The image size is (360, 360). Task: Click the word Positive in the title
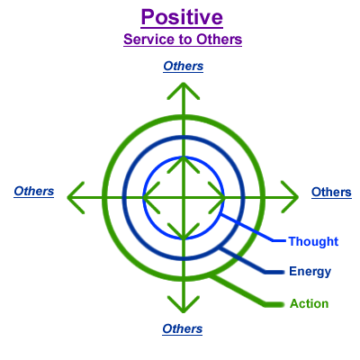click(x=182, y=17)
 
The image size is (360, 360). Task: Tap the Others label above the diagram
click(x=184, y=66)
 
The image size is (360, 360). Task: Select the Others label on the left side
click(x=34, y=191)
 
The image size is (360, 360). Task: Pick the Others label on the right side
click(x=331, y=192)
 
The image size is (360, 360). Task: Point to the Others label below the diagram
click(x=183, y=328)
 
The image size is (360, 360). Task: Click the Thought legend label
click(x=313, y=241)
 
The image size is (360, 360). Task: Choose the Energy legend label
click(x=310, y=272)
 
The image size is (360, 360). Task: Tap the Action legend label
click(x=310, y=303)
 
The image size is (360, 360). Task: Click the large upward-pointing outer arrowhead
click(x=184, y=90)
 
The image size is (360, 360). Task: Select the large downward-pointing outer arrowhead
click(x=184, y=304)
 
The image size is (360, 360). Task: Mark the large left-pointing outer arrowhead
click(x=75, y=197)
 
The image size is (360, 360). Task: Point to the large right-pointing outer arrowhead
click(x=291, y=197)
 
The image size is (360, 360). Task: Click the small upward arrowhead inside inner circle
click(x=184, y=164)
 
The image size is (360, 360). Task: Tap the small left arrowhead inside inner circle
click(x=150, y=197)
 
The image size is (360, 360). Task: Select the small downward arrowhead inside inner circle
click(x=184, y=232)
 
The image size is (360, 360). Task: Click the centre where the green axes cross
click(x=184, y=197)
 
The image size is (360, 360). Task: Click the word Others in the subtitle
click(x=220, y=40)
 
